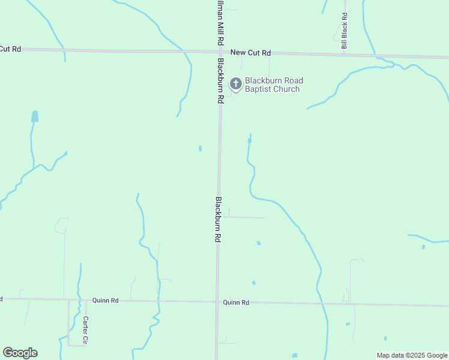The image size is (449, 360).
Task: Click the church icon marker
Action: coord(236,84)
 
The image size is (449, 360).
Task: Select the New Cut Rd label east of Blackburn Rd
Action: coord(251,53)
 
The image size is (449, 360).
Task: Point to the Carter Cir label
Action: coord(86,330)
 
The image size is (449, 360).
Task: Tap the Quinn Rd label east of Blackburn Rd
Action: coord(236,303)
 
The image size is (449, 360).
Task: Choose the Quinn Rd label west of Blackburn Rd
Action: coord(105,300)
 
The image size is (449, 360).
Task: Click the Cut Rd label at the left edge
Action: coord(10,49)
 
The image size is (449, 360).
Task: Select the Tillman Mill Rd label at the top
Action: coord(220,21)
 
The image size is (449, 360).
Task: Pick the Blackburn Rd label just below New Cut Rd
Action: coord(221,80)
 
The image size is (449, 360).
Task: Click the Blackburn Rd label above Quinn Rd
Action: coord(218,219)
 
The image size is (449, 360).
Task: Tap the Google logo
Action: coord(20,353)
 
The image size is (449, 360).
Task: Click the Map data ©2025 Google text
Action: coord(412,355)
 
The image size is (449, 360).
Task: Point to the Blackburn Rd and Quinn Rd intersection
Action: coord(217,302)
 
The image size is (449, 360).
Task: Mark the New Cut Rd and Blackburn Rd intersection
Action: coord(220,52)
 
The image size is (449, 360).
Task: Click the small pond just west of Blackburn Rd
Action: coord(200,148)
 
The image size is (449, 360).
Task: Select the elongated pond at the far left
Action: coord(34,116)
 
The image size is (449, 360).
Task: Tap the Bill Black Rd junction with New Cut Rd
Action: coord(344,54)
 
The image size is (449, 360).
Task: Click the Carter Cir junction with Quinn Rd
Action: coord(69,299)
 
